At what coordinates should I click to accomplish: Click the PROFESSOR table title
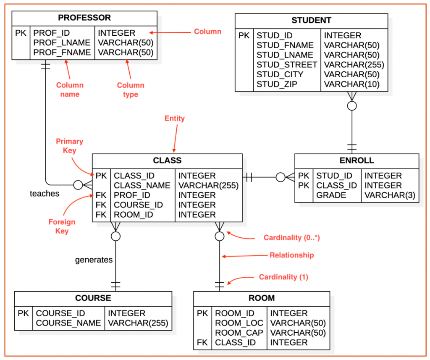84,18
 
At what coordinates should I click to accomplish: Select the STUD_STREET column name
287,65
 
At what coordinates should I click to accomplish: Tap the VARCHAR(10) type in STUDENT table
351,84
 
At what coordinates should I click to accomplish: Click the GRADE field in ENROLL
331,195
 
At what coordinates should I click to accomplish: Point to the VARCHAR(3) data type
390,195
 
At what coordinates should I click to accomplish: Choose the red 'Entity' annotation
175,118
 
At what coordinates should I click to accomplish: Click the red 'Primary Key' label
69,146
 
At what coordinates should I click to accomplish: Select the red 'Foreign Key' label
62,226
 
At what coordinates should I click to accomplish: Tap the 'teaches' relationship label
45,194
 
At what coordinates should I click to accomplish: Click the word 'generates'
94,260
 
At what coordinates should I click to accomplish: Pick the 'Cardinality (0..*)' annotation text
292,238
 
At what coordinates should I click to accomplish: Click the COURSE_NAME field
68,323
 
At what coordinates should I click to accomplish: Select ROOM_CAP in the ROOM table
239,333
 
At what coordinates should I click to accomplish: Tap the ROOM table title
262,298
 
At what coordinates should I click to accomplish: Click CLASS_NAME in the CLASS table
142,186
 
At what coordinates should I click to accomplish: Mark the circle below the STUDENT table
352,106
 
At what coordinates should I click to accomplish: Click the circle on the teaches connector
78,185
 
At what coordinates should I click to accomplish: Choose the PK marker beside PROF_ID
21,33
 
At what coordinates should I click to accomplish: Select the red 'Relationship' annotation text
291,255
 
